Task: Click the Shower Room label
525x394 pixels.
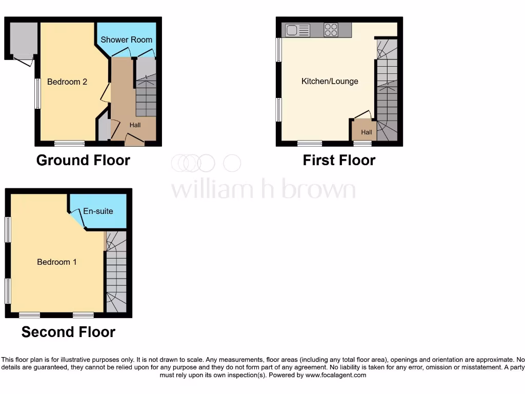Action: tap(126, 40)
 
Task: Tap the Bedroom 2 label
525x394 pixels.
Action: tap(67, 82)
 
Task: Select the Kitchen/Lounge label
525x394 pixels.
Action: tap(330, 81)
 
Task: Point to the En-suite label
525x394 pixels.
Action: tap(98, 211)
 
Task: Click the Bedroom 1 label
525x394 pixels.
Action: tap(57, 262)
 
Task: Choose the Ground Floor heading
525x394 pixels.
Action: tap(83, 160)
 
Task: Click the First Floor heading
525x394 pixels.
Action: tap(339, 160)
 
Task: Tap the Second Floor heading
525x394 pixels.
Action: tap(68, 332)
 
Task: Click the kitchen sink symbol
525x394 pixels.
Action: tap(298, 30)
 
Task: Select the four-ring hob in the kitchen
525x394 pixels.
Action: tap(331, 30)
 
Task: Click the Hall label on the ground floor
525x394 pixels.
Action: tap(135, 125)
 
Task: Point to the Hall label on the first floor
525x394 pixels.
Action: tap(367, 132)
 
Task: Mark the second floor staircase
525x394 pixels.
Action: tap(116, 272)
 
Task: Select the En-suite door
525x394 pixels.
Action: tap(77, 219)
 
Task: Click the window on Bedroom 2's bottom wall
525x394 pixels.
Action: tap(70, 143)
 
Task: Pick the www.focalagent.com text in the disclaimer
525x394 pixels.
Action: tap(336, 375)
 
